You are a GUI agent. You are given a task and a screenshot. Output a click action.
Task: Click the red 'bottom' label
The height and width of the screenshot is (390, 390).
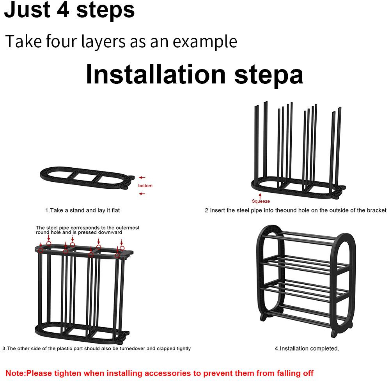[145, 186]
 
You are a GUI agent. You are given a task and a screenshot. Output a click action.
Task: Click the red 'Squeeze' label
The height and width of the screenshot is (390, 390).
[261, 201]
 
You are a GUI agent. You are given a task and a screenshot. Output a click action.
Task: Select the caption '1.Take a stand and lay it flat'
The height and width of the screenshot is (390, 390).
[82, 210]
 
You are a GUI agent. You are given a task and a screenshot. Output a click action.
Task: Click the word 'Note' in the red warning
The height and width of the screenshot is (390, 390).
[15, 373]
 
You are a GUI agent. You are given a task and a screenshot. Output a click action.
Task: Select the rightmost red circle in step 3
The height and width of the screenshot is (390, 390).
[122, 248]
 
